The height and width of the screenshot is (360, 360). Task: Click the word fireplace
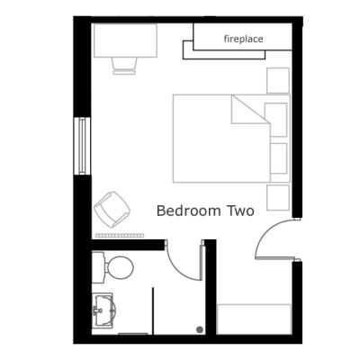(243, 39)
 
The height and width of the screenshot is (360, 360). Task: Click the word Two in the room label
(241, 211)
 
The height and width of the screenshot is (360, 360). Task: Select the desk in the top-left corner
(125, 40)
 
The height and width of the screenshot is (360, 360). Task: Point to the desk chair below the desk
(124, 66)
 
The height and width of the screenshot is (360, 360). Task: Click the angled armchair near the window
(112, 210)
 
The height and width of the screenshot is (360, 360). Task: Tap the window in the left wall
(82, 146)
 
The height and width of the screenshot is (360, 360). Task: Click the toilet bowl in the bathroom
(120, 267)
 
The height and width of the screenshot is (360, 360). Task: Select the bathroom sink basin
(104, 310)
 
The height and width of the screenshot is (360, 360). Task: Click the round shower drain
(200, 329)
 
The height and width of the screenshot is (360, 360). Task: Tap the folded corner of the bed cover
(250, 110)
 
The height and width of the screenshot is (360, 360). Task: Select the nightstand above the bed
(278, 81)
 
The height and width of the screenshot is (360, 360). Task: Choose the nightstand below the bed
(278, 197)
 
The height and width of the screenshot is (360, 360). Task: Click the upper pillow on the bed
(275, 120)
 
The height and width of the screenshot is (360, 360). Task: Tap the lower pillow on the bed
(278, 158)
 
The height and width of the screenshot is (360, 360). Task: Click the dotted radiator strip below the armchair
(120, 236)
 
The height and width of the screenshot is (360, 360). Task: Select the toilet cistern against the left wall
(98, 267)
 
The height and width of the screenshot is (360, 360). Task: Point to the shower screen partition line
(153, 311)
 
